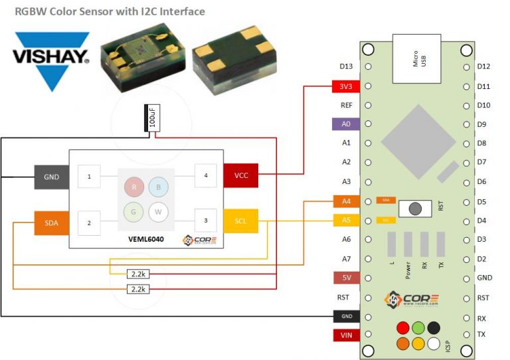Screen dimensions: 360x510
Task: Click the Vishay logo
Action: coord(50,59)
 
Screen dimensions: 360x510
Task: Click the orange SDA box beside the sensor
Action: coord(51,223)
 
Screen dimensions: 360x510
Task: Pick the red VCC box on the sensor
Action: coord(240,175)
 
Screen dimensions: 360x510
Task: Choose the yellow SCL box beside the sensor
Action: coord(240,220)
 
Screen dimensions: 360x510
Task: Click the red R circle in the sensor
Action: coord(134,188)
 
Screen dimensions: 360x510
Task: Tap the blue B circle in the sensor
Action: coord(158,188)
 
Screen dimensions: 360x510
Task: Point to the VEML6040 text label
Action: coord(146,238)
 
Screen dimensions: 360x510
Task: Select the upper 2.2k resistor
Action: coord(138,274)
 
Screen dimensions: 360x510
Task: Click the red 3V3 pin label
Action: coord(345,86)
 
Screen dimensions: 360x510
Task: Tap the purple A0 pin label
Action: coord(345,124)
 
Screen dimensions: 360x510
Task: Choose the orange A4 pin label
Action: coord(345,201)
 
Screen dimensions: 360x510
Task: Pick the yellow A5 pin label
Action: coord(345,220)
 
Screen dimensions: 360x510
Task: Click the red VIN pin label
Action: coord(346,335)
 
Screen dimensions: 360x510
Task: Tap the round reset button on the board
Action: coord(415,208)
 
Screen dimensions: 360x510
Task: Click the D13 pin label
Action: coord(346,67)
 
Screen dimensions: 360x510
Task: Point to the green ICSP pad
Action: coord(418,327)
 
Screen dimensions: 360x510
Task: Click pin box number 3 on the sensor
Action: coord(206,220)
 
